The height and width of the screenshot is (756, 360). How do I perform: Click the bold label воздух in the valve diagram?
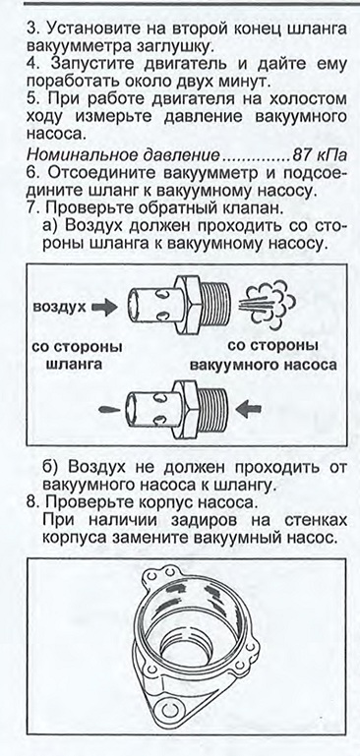(x=60, y=307)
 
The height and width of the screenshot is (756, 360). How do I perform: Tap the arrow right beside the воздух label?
(x=104, y=307)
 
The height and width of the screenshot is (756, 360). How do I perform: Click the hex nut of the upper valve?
(x=188, y=304)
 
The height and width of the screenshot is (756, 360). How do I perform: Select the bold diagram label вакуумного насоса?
(x=264, y=365)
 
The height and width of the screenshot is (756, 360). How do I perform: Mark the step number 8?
(x=32, y=503)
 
